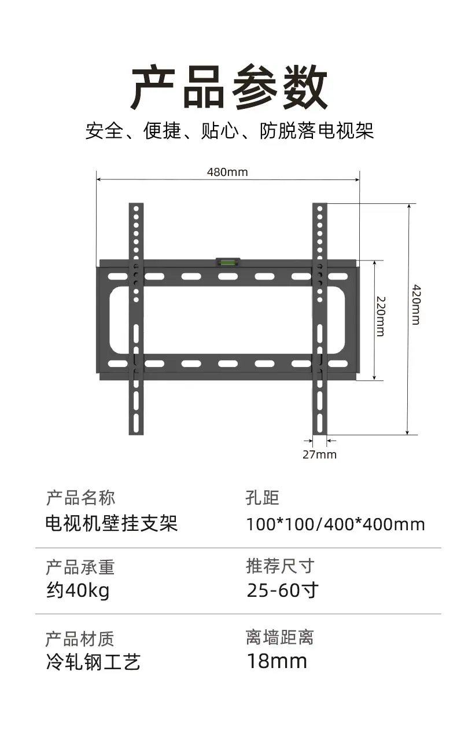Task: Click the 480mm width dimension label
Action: click(227, 172)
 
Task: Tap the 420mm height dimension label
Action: click(416, 305)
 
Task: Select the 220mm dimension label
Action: click(381, 316)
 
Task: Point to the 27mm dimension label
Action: click(319, 454)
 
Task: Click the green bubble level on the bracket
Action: click(228, 261)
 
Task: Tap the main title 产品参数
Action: click(228, 87)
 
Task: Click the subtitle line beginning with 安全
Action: click(229, 131)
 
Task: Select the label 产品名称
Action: click(81, 498)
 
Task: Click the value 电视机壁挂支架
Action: click(112, 524)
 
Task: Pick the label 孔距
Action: click(262, 498)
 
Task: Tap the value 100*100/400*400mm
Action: click(336, 524)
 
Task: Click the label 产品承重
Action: click(80, 567)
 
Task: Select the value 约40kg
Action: click(78, 590)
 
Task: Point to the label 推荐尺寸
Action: click(280, 566)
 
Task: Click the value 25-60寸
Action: click(282, 590)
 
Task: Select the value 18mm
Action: click(277, 661)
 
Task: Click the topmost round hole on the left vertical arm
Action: click(136, 208)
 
